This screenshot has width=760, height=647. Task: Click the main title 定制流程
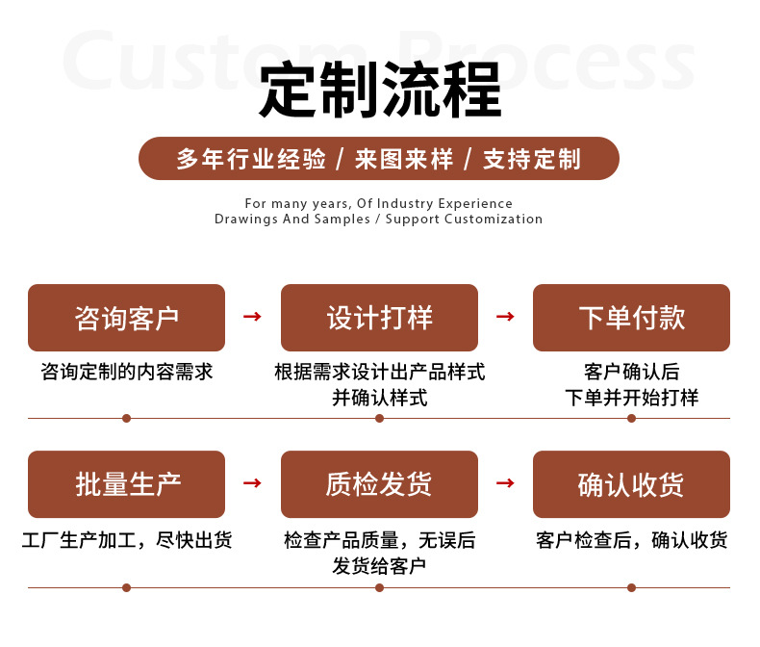tap(380, 91)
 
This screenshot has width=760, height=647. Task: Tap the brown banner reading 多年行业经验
tap(379, 159)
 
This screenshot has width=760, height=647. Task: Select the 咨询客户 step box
tap(126, 318)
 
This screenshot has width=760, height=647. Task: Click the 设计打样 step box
tap(379, 318)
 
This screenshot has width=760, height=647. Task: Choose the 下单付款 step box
tap(631, 318)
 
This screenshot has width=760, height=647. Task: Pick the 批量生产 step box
tap(126, 484)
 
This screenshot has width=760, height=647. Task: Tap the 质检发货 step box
tap(379, 484)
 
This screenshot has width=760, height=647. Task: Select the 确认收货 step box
tap(631, 484)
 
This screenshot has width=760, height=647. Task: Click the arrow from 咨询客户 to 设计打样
tap(252, 317)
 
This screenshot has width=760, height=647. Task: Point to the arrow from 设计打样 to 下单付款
tap(505, 317)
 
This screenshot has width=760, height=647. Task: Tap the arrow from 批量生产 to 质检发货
tap(252, 483)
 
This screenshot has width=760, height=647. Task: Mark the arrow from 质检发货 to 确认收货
tap(505, 483)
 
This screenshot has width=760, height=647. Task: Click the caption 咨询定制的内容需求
tap(126, 372)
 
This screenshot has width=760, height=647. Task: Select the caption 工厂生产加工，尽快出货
tap(126, 540)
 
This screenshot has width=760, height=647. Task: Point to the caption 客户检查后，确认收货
tap(631, 540)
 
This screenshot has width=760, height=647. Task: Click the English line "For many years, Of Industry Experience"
tap(378, 203)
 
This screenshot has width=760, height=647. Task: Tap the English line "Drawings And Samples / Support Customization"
tap(378, 219)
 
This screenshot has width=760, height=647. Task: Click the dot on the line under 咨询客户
tap(126, 418)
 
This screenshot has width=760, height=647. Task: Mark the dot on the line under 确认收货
tap(631, 587)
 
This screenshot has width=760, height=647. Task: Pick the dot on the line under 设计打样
tap(379, 418)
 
